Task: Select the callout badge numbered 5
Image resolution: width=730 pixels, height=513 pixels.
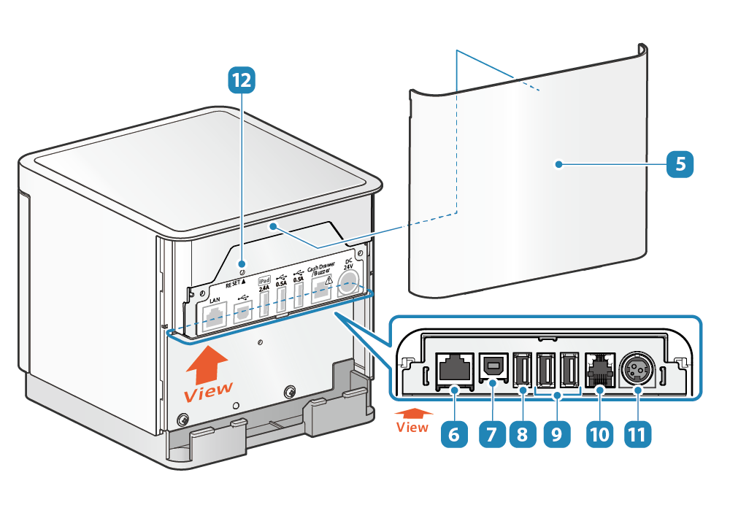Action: [x=680, y=164]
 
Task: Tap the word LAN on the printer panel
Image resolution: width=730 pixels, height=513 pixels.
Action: [x=215, y=300]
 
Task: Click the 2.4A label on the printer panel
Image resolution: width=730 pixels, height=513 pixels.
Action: [x=264, y=288]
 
